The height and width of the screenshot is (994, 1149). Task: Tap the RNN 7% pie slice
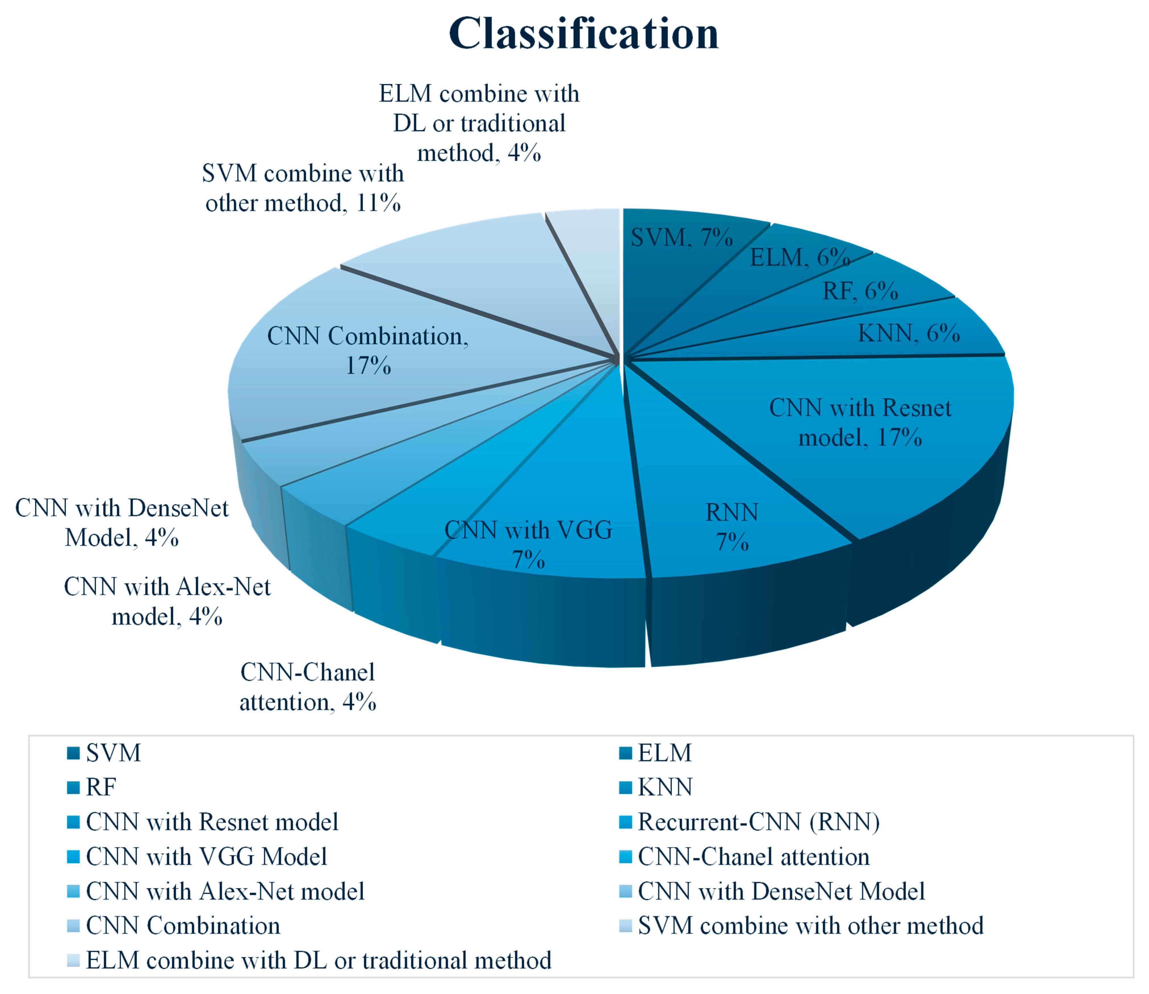coord(732,527)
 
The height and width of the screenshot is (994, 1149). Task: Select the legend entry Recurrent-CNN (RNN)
coord(758,822)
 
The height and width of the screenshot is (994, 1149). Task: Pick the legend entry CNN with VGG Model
coord(206,857)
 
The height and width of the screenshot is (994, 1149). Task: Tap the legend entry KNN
coord(664,788)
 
